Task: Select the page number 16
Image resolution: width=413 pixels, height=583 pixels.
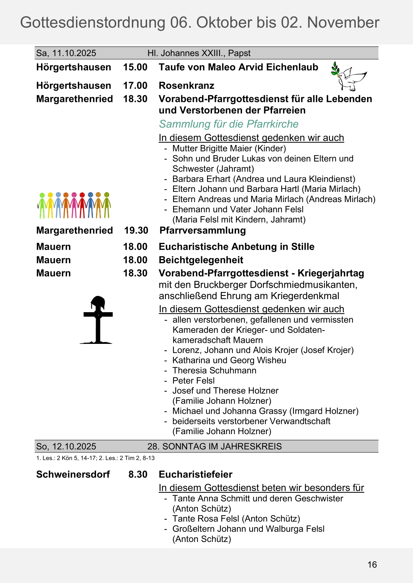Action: click(372, 565)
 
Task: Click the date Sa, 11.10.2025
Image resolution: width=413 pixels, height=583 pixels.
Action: click(66, 53)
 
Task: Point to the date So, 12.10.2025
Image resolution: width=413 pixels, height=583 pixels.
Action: click(66, 447)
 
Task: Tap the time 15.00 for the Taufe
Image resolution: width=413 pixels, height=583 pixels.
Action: click(135, 67)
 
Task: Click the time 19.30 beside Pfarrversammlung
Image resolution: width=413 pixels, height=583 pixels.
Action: click(136, 231)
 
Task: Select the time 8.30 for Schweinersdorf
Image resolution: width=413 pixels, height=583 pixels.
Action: click(138, 474)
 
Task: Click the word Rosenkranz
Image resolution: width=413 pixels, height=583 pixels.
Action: click(187, 86)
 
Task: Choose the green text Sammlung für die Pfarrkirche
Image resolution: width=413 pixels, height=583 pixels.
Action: click(229, 124)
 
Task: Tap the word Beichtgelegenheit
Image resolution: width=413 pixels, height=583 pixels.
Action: click(201, 260)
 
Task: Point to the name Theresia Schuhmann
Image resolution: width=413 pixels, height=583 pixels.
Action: click(214, 371)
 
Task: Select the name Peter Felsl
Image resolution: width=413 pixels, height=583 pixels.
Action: click(194, 381)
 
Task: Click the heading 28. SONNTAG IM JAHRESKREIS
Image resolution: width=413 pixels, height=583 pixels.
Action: click(214, 447)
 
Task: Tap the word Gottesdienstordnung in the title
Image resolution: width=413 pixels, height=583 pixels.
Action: click(93, 23)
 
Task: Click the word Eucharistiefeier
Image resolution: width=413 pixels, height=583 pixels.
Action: click(195, 474)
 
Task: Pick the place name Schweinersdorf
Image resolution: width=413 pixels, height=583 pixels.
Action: click(73, 474)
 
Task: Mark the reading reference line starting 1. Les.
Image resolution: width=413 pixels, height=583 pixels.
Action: click(95, 458)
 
